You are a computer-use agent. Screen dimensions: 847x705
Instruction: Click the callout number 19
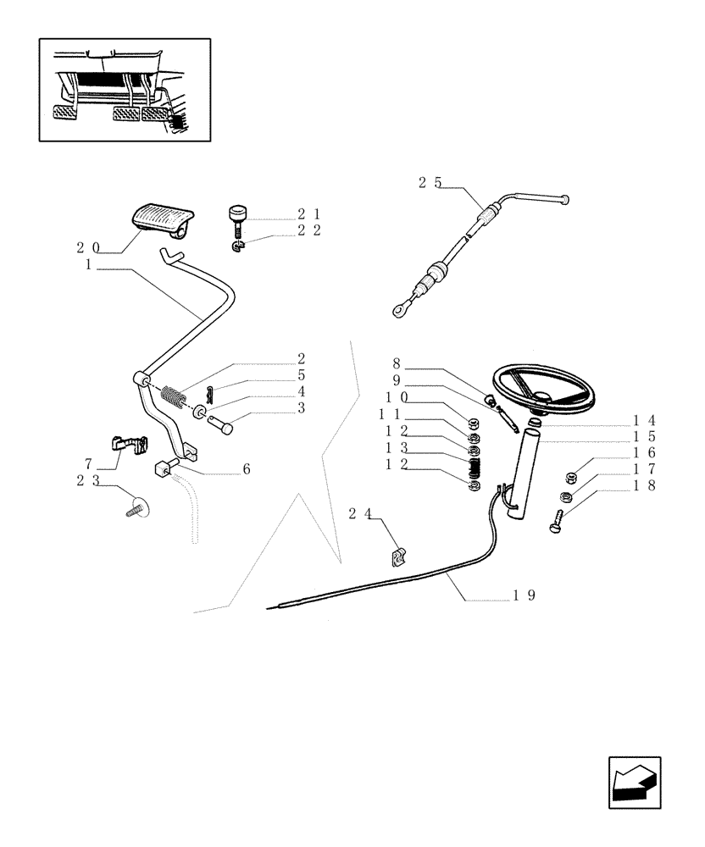coord(523,595)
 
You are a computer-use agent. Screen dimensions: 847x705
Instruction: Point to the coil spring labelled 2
coord(174,396)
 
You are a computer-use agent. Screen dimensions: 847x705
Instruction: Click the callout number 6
coord(246,468)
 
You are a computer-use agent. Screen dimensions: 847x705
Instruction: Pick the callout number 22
coord(308,230)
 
